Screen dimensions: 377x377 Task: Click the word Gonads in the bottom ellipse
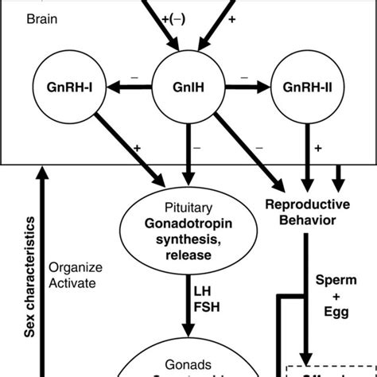188,357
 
